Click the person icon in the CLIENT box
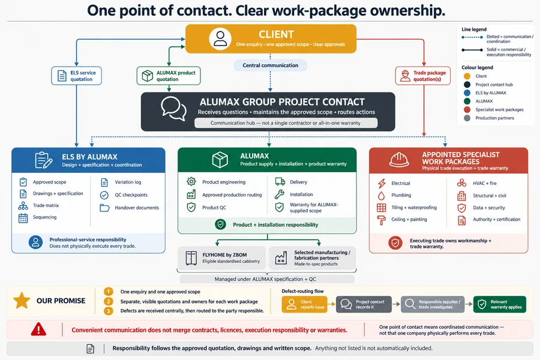click(x=220, y=38)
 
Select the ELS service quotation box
click(x=76, y=76)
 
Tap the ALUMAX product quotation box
click(x=169, y=76)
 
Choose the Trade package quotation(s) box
click(x=423, y=76)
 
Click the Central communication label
click(x=271, y=65)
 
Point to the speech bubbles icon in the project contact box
click(x=174, y=108)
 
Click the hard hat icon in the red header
click(x=399, y=160)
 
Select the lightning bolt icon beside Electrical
click(x=382, y=183)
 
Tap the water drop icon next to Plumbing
click(x=381, y=196)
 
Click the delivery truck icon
click(x=280, y=182)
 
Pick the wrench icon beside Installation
click(x=279, y=194)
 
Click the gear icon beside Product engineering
click(x=191, y=182)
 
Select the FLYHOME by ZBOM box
click(x=222, y=257)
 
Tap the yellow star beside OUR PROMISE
click(x=22, y=301)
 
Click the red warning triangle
click(x=38, y=329)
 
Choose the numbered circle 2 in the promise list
click(x=109, y=301)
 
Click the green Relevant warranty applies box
click(x=500, y=304)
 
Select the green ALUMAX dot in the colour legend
click(x=467, y=101)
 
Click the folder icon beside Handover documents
click(x=104, y=208)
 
